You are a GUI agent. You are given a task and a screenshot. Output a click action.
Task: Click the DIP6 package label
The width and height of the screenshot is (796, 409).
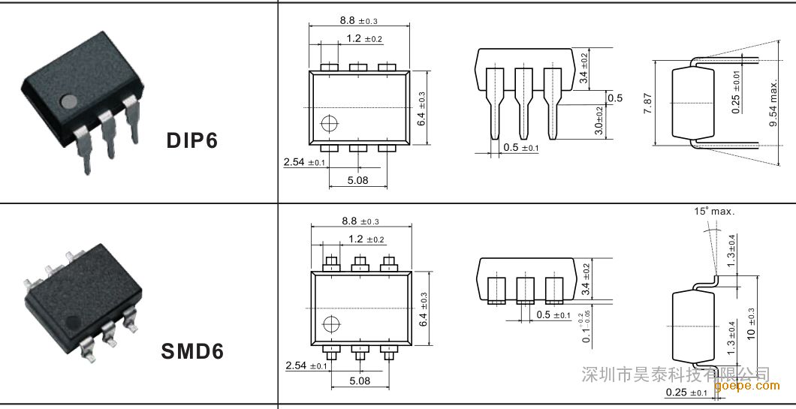191,140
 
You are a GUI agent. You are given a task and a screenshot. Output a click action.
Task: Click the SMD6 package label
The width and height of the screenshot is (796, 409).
192,351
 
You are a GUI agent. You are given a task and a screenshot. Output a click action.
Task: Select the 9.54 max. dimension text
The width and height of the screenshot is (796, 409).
773,103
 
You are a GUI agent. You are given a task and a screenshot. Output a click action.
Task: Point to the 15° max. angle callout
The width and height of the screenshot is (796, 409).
714,212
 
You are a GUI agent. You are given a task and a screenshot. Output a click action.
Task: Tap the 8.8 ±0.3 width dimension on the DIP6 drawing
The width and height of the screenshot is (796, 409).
359,21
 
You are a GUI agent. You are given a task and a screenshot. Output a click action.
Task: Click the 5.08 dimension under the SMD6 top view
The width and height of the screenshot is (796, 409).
360,380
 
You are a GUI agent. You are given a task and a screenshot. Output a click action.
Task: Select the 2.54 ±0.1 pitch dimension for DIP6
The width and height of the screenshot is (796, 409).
304,162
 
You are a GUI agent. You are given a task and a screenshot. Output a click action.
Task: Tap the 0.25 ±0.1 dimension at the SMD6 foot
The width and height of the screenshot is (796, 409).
686,392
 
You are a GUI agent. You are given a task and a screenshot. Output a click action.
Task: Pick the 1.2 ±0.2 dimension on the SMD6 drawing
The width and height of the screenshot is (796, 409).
366,239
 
